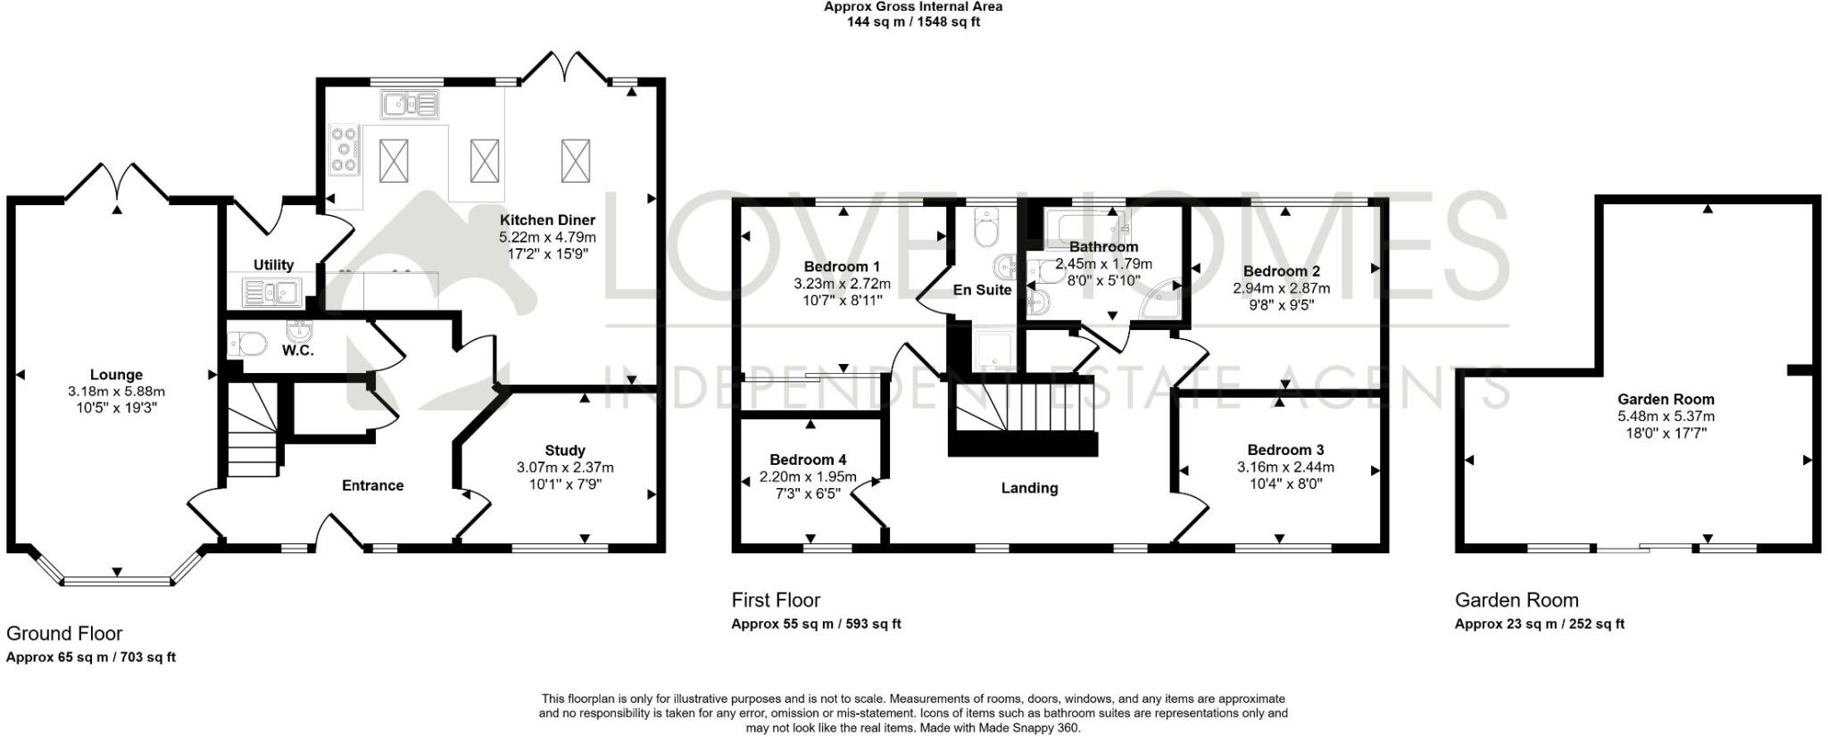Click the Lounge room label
coord(116,375)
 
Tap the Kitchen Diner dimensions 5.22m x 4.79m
coord(547,237)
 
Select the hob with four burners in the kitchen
coord(345,150)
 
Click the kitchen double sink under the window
coord(410,104)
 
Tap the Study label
coord(565,451)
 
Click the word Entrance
coord(373,485)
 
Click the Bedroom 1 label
coord(842,267)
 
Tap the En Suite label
coord(982,290)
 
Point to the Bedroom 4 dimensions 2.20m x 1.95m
coord(808,476)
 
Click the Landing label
coord(1029,488)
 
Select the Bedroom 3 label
coord(1285,450)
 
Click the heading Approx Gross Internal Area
coord(912,6)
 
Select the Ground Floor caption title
coord(64,633)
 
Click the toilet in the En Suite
coord(986,229)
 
